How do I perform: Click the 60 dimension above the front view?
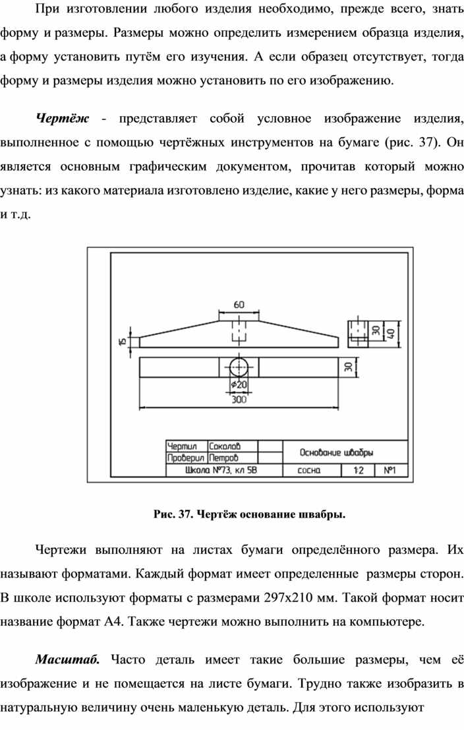239,305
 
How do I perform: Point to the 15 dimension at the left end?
123,341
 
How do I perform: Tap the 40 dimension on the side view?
391,333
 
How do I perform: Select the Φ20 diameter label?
239,386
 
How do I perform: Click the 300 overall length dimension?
239,399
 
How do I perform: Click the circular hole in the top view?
239,367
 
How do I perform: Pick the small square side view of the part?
358,333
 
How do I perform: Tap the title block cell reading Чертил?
182,446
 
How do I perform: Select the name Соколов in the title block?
225,446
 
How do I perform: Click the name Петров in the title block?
224,458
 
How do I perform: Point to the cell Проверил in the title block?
186,458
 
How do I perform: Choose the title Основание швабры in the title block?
337,452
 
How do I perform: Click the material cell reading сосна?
309,470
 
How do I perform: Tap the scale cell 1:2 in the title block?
359,470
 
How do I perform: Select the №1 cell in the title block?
390,470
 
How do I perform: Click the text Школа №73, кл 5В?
221,470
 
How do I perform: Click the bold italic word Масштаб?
68,659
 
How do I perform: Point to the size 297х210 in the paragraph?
287,597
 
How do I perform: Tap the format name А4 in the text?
113,622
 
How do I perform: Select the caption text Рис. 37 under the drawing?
173,514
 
